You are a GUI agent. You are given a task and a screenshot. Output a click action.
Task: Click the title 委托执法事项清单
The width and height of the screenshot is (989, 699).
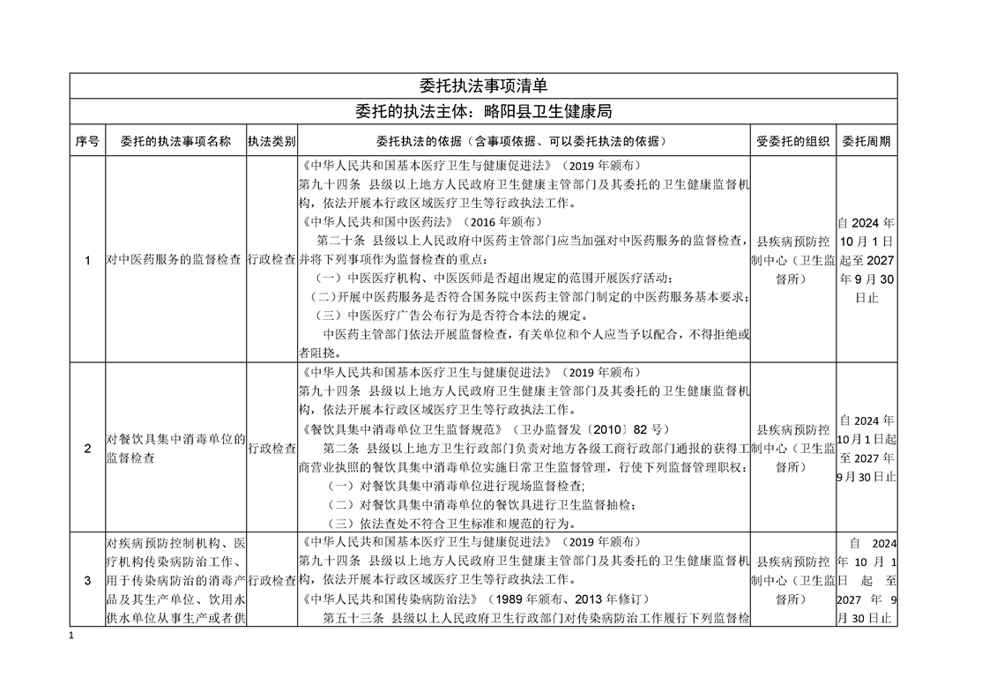(x=483, y=86)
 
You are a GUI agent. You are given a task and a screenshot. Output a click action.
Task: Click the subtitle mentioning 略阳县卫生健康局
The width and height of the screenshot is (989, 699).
(x=483, y=112)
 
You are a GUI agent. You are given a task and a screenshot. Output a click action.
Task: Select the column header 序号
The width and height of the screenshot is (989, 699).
(x=87, y=141)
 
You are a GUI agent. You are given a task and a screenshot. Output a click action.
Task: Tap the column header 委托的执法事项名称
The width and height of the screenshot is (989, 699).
(x=175, y=141)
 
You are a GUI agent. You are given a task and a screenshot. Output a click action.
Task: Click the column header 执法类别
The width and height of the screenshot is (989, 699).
(x=271, y=141)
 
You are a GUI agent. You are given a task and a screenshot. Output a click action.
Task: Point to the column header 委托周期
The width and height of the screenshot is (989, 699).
(x=866, y=141)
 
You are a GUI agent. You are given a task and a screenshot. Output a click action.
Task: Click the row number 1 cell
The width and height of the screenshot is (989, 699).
(x=87, y=260)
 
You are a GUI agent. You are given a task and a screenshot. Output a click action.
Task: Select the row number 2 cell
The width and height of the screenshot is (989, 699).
(x=87, y=449)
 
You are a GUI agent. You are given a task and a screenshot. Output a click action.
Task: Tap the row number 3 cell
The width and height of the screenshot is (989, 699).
(x=87, y=580)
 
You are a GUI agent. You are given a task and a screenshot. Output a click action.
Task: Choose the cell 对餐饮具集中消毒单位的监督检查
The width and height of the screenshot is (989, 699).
(x=175, y=449)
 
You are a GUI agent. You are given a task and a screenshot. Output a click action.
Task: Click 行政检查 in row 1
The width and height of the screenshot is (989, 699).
(x=271, y=260)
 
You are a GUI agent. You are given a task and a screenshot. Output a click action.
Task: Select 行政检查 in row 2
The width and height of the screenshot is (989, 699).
(x=271, y=449)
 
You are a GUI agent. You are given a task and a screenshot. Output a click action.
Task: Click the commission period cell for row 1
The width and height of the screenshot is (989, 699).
(x=866, y=260)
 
